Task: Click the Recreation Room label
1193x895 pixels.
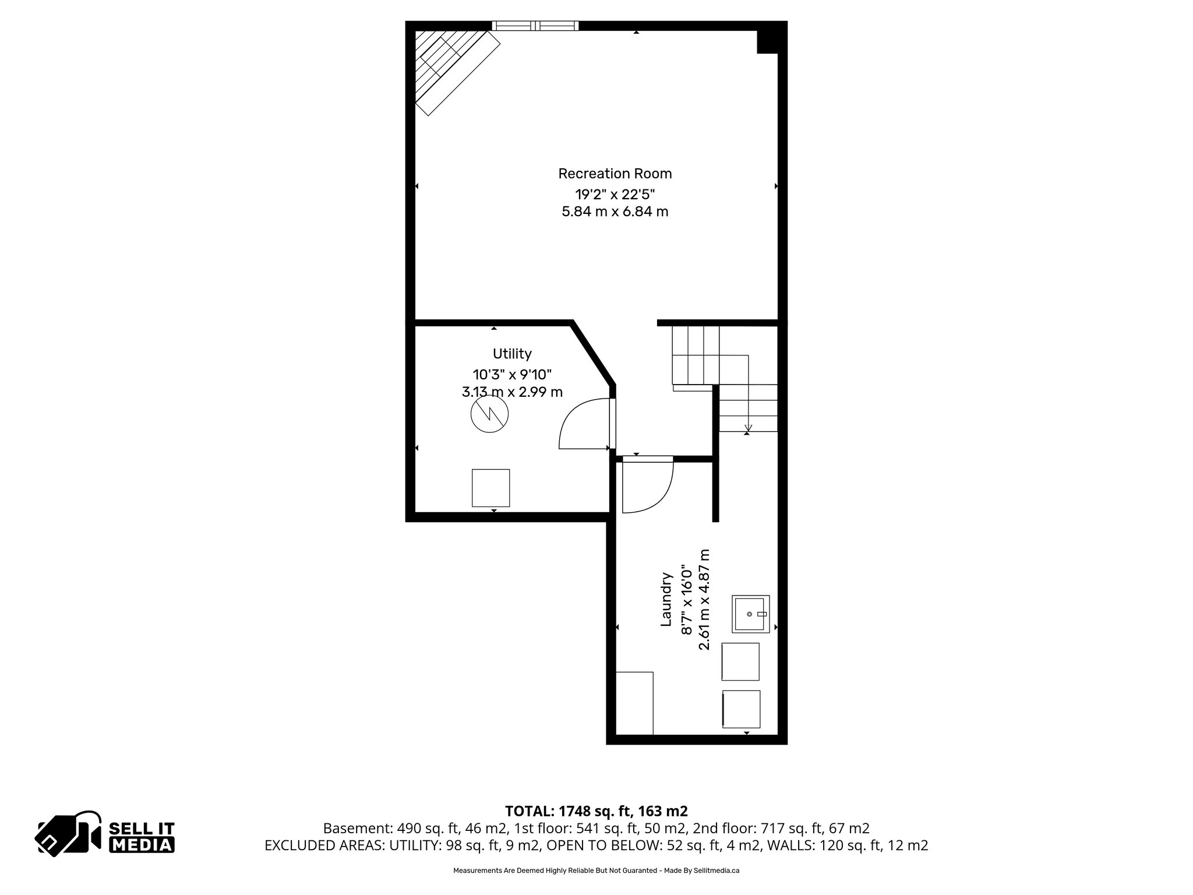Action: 615,174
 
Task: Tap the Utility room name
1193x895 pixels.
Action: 512,354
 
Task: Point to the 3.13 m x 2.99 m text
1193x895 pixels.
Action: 512,392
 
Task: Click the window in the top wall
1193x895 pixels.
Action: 535,26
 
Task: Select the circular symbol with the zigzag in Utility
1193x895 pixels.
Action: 489,414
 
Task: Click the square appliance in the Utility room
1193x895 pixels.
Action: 490,488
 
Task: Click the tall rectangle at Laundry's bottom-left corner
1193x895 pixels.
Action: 634,703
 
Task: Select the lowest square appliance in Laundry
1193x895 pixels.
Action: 741,709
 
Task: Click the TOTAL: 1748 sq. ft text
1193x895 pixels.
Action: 596,811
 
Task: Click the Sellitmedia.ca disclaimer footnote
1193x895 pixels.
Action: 596,871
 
